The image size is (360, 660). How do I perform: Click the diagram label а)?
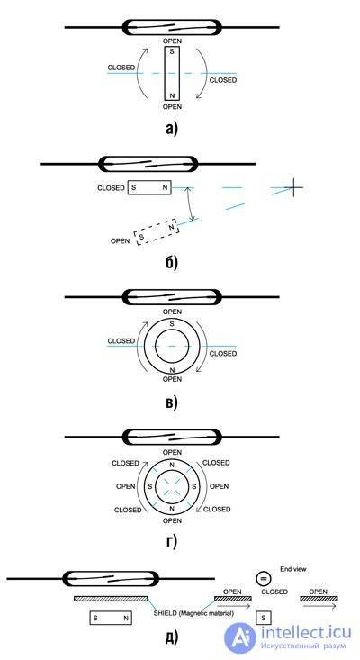(172, 129)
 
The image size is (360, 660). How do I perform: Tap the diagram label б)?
(172, 262)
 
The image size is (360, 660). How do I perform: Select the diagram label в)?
(172, 402)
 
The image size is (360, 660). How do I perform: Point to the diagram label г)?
(172, 542)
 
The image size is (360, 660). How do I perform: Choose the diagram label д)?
(172, 637)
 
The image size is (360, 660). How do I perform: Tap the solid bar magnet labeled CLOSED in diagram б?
(149, 187)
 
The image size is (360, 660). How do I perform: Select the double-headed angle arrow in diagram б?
(191, 204)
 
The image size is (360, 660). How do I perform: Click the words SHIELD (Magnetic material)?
(193, 613)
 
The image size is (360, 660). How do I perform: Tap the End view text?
(293, 569)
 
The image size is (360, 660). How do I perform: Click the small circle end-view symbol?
(264, 578)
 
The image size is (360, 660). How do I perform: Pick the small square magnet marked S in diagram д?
(264, 618)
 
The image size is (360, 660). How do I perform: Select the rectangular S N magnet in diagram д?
(111, 618)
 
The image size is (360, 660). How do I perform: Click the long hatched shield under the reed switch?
(111, 598)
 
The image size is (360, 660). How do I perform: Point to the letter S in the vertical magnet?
(172, 52)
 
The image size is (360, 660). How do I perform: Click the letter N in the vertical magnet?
(172, 95)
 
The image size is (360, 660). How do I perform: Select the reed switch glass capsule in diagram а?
(172, 27)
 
